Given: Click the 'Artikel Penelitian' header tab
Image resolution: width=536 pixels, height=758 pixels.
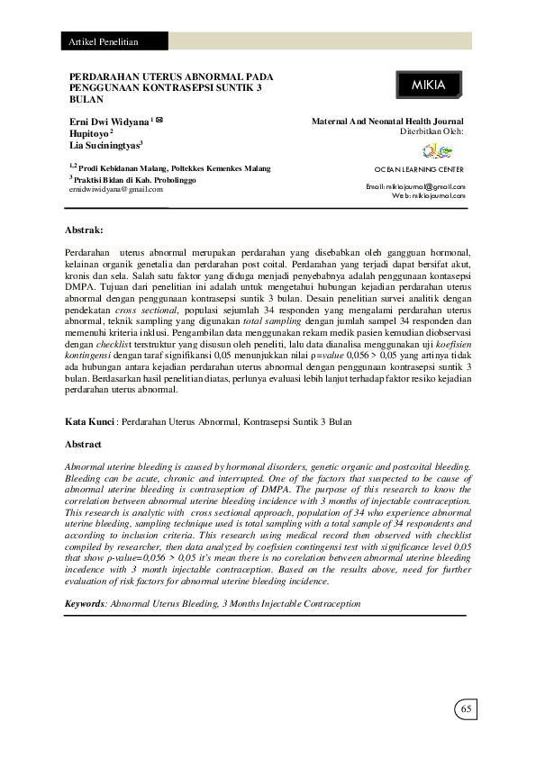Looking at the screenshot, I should [100, 42].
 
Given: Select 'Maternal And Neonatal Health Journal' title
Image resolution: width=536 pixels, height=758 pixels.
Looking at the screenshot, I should [387, 120].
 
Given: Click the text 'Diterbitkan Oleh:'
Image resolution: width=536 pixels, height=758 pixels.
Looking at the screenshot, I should [432, 131].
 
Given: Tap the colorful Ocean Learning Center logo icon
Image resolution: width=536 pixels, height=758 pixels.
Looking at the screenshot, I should [432, 150].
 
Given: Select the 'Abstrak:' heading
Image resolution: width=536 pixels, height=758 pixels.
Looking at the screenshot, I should [86, 230].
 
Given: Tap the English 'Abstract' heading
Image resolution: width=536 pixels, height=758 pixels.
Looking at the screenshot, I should [84, 445].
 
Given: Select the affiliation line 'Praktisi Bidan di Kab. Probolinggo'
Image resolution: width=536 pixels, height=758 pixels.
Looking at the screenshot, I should [132, 180].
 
